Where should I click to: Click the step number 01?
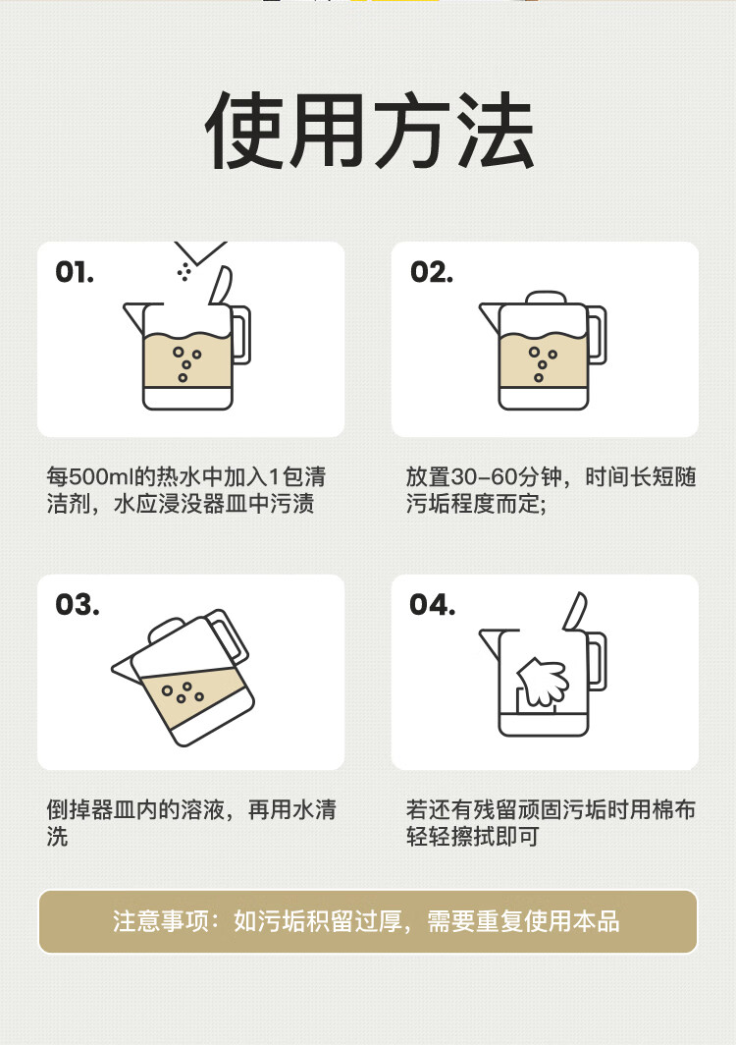75,272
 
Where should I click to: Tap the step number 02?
432,272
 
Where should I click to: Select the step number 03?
78,604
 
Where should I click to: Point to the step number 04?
432,604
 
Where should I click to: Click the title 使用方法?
370,131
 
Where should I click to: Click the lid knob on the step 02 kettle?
546,298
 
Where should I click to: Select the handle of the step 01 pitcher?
240,335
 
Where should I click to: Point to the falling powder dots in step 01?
184,271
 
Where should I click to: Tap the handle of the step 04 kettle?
597,661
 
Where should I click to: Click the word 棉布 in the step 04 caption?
673,809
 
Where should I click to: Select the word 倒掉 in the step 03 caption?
69,809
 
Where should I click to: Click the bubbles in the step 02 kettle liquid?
543,363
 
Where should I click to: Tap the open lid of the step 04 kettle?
575,611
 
